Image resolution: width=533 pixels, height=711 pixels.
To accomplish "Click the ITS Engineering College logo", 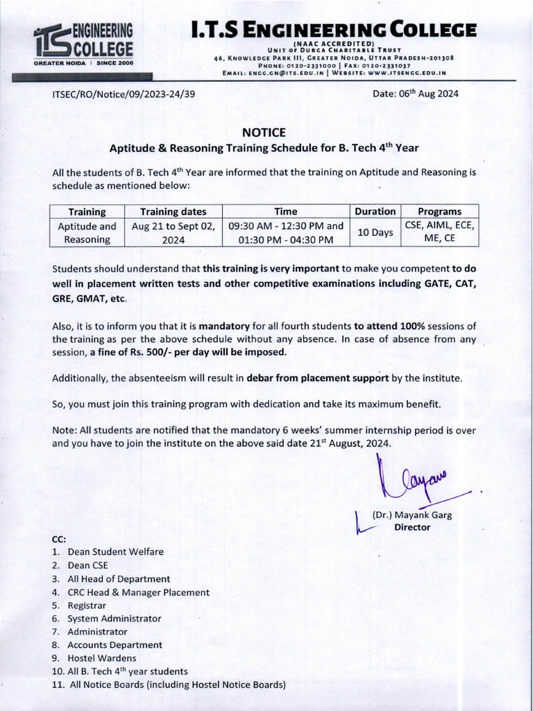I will click(83, 44).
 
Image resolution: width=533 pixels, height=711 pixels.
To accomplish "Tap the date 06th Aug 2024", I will click(415, 94).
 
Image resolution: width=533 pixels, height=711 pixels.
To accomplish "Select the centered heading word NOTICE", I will click(264, 133).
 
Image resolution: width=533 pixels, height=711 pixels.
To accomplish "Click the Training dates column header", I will click(174, 212).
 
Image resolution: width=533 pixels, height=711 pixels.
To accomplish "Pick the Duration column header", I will click(375, 212).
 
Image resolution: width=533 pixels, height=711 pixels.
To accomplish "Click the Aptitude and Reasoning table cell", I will click(87, 233).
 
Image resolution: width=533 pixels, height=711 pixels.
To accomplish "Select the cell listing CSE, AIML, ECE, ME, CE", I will click(440, 233).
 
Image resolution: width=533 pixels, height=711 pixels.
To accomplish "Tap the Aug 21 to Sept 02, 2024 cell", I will click(174, 233).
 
